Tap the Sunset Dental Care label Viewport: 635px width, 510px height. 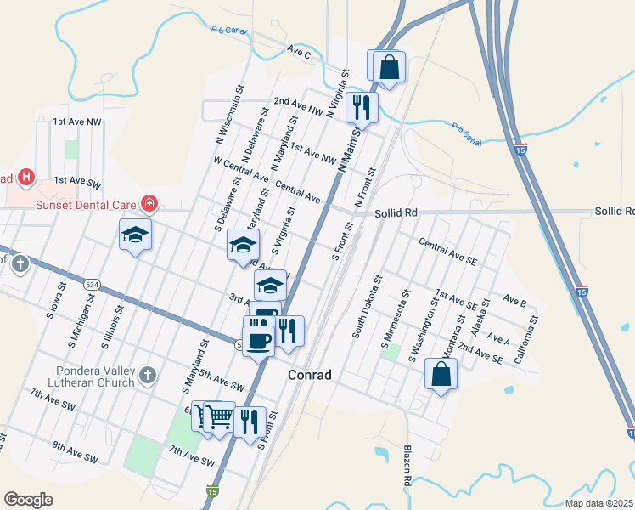pyautogui.click(x=85, y=204)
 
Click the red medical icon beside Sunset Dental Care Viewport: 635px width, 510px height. pyautogui.click(x=149, y=203)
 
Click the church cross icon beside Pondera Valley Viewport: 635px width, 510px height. pyautogui.click(x=148, y=374)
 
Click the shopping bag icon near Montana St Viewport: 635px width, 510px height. pyautogui.click(x=441, y=374)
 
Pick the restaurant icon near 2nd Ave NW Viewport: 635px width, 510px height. pyautogui.click(x=362, y=106)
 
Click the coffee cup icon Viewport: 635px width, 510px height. pyautogui.click(x=260, y=340)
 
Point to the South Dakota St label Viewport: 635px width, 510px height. pyautogui.click(x=367, y=307)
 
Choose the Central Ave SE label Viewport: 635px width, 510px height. pyautogui.click(x=447, y=252)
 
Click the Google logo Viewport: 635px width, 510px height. pyautogui.click(x=28, y=500)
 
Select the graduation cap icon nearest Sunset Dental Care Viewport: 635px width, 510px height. pyautogui.click(x=135, y=235)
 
